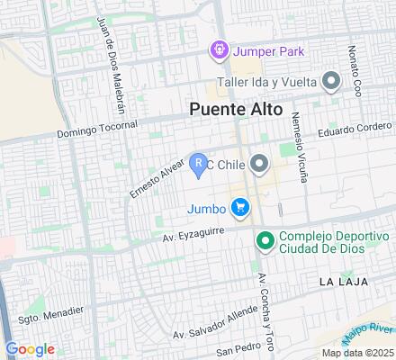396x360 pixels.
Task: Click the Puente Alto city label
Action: coord(237,109)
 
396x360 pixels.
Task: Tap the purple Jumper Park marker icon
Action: coord(218,50)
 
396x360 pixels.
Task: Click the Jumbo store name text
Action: coord(205,210)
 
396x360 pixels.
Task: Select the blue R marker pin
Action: coord(199,165)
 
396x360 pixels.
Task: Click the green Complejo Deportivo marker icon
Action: coord(265,240)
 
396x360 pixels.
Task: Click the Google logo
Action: coord(30,349)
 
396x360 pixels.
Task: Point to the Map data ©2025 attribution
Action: coord(357,352)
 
